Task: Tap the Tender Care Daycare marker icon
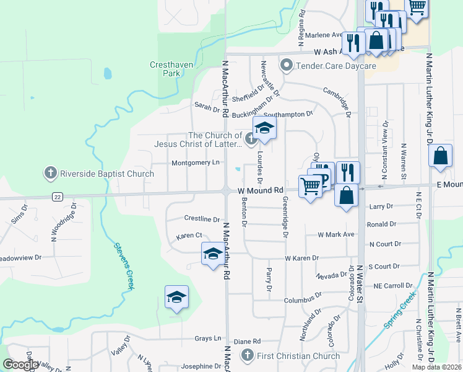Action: coord(286,65)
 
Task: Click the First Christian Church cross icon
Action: coord(248,355)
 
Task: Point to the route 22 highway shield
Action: coord(58,197)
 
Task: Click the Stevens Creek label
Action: coord(123,260)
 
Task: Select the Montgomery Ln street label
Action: coord(196,162)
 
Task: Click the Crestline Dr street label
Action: coord(202,219)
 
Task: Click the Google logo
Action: coord(21,365)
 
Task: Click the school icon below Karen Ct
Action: coord(212,254)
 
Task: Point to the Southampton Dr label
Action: coord(288,114)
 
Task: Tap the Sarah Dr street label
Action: coord(207,106)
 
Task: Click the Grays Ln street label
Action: coord(208,338)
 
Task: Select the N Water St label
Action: coord(359,286)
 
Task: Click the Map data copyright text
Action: coord(436,367)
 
